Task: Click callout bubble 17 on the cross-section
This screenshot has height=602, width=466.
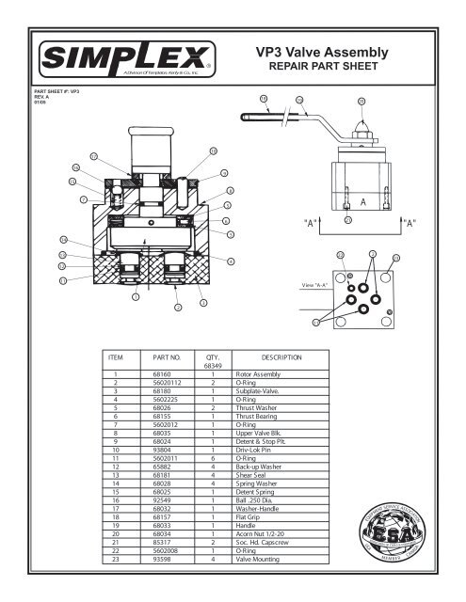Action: point(92,154)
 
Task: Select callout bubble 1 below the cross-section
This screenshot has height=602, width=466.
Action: point(136,296)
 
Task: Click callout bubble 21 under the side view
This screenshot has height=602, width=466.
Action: point(347,221)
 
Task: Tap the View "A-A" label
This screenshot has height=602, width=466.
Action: point(313,283)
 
